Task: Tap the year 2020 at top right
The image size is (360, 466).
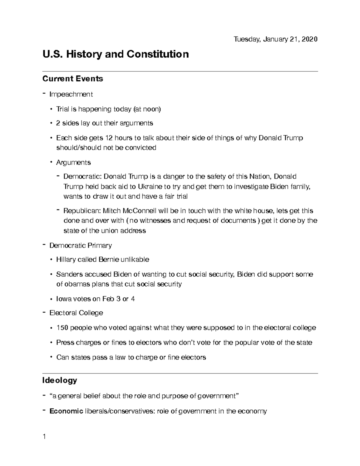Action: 310,39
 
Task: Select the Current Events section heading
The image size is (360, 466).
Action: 73,79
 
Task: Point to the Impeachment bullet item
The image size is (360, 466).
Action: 71,94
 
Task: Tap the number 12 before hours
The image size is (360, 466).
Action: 109,138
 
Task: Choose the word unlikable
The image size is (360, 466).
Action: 135,260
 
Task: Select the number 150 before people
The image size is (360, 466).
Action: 62,328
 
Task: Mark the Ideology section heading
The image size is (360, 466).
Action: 60,380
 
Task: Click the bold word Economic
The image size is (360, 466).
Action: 66,411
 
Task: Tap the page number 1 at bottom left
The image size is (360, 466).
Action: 44,437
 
